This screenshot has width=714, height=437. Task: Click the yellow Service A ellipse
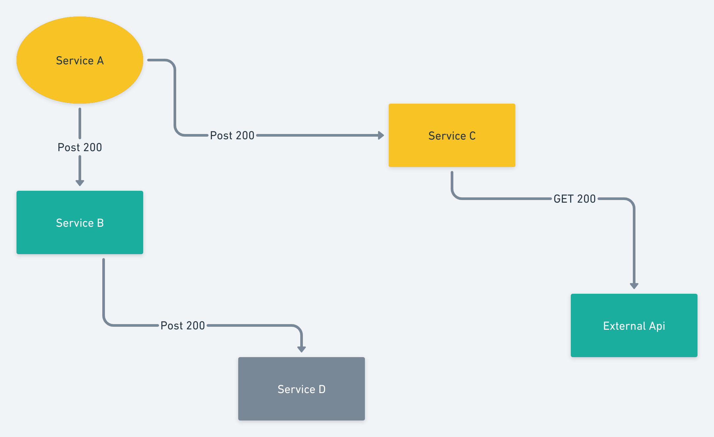click(x=80, y=60)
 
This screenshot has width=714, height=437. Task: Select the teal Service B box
click(x=80, y=222)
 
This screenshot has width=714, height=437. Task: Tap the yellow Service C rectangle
click(x=452, y=135)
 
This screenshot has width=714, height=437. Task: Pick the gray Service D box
click(x=302, y=389)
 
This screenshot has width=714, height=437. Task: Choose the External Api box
click(x=634, y=325)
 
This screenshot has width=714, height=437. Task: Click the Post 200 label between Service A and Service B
click(x=80, y=147)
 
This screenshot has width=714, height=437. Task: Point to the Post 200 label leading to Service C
click(x=232, y=135)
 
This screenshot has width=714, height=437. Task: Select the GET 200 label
click(x=575, y=199)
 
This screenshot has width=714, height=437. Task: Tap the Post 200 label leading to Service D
click(x=183, y=325)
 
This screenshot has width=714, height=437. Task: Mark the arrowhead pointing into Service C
click(x=381, y=135)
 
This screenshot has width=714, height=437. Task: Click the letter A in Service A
click(x=100, y=61)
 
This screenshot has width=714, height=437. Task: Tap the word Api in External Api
click(x=657, y=326)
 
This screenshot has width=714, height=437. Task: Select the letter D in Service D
click(x=322, y=389)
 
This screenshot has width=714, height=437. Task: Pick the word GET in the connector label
click(x=564, y=199)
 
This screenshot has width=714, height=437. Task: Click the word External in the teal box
click(x=624, y=326)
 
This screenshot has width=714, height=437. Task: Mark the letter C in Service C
click(x=472, y=136)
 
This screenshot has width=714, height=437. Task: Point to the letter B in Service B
click(x=100, y=223)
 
